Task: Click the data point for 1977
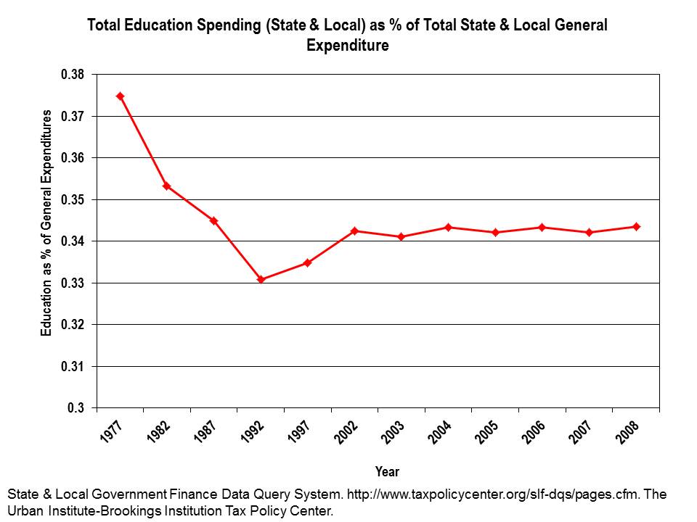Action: tap(120, 96)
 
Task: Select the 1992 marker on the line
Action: tap(261, 279)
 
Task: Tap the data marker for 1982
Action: tap(166, 186)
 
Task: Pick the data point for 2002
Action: tap(354, 231)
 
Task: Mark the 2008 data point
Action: tap(636, 226)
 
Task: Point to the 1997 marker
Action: tap(307, 262)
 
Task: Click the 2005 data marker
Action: tap(495, 232)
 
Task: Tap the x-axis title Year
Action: tap(387, 471)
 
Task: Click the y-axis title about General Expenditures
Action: tap(46, 223)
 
